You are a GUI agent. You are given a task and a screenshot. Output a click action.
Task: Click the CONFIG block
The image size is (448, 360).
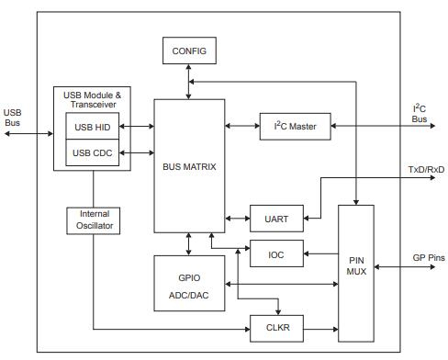coord(189,51)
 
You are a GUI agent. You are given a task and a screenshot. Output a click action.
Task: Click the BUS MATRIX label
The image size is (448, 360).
coord(189,167)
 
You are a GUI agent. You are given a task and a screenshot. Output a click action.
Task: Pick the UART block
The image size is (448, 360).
coord(275,219)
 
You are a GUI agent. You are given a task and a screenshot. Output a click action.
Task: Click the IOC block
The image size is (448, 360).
coord(275,253)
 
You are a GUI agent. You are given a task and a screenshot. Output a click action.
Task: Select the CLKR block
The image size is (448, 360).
coord(275,326)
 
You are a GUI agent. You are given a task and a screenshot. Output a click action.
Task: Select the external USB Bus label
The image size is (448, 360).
coord(13,118)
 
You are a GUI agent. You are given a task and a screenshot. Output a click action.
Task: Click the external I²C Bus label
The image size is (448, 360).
coord(419,113)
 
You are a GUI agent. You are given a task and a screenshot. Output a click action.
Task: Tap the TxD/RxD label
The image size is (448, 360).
coord(424,170)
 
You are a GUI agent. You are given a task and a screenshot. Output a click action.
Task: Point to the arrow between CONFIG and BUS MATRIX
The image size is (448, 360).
coord(189,82)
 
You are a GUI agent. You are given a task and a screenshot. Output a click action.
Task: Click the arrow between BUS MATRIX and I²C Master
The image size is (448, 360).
coord(241,126)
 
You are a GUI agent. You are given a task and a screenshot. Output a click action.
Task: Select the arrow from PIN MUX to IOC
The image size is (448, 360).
coord(320,253)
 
